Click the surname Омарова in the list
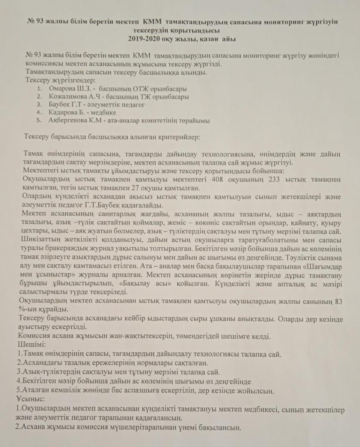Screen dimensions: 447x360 point(63,89)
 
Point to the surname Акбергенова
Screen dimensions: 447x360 point(69,121)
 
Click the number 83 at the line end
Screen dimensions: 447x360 point(338,301)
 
